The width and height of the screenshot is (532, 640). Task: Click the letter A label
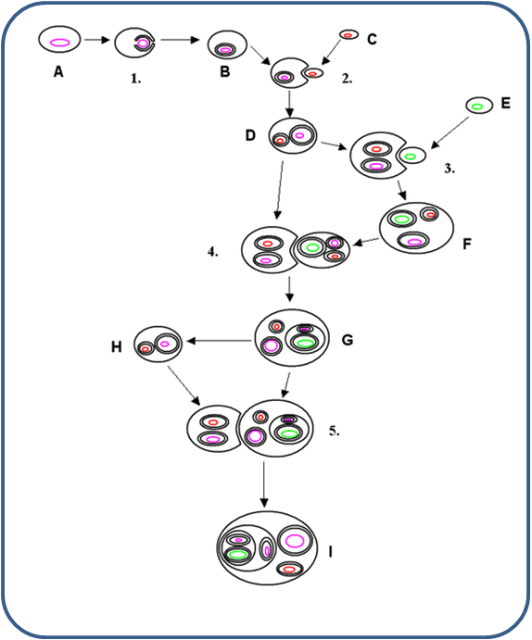(58, 72)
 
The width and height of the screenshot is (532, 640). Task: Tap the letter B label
(224, 71)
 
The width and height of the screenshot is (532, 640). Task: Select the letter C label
(372, 39)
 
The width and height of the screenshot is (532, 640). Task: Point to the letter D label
(250, 135)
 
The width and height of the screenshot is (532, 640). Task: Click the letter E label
(505, 103)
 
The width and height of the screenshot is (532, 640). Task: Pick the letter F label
(467, 244)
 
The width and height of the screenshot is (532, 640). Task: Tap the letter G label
(348, 340)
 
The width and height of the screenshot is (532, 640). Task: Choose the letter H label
(117, 347)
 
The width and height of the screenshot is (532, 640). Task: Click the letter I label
(330, 552)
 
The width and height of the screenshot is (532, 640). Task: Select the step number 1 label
(136, 79)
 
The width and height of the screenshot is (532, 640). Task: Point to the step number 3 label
(450, 169)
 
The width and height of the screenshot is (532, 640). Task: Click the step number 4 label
(213, 252)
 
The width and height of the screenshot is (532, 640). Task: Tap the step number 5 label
(335, 431)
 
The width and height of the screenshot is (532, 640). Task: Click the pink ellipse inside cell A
(59, 43)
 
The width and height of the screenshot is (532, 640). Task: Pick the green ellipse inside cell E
(477, 107)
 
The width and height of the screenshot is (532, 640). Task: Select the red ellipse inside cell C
(348, 35)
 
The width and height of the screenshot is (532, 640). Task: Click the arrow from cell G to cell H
(219, 341)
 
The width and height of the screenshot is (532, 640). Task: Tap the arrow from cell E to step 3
(450, 132)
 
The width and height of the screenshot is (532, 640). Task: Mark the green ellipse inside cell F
(401, 220)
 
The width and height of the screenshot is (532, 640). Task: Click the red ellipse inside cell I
(289, 569)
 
